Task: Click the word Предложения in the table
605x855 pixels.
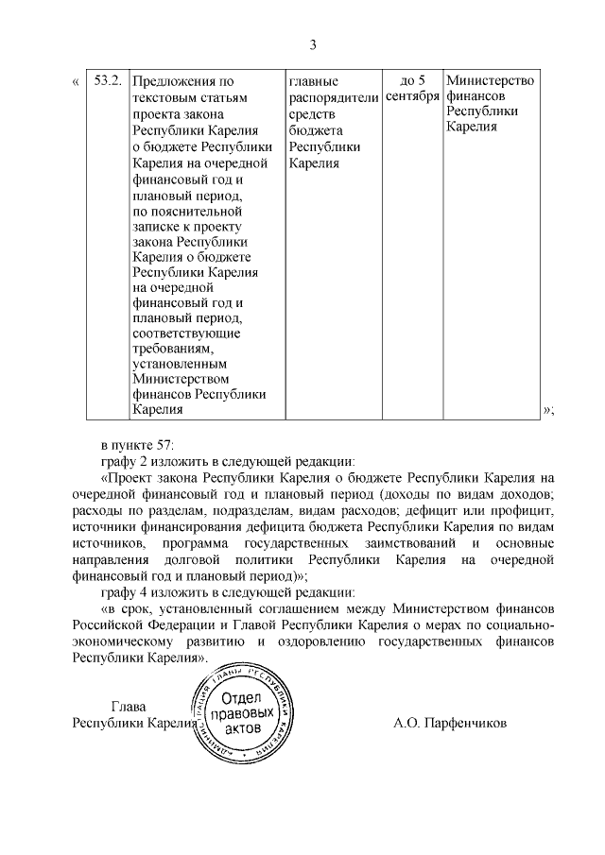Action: pyautogui.click(x=173, y=81)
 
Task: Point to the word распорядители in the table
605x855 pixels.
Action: pyautogui.click(x=334, y=97)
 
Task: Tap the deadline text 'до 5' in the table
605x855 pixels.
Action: pyautogui.click(x=413, y=80)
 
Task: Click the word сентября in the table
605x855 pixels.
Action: pyautogui.click(x=413, y=97)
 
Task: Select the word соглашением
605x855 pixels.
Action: pyautogui.click(x=314, y=608)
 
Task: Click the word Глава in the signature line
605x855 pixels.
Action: pyautogui.click(x=130, y=706)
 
